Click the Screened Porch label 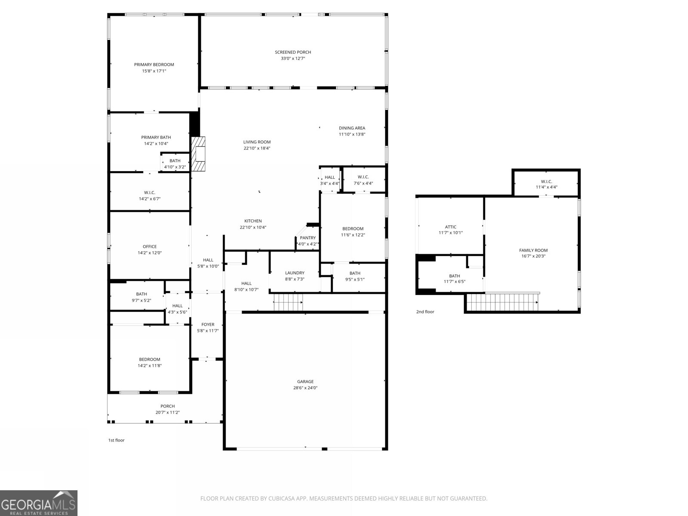(x=293, y=52)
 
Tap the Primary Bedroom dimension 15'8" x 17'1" (x=154, y=71)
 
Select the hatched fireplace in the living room (x=198, y=155)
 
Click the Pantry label (x=307, y=238)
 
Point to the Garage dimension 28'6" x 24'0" (x=305, y=388)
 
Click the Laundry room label (x=295, y=273)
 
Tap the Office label (x=150, y=247)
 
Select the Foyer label (x=208, y=325)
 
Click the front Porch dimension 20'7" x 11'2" (x=168, y=412)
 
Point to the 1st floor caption (x=116, y=440)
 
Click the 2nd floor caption (x=425, y=312)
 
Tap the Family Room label (x=533, y=250)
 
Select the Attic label (x=451, y=227)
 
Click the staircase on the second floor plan (x=502, y=302)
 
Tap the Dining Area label (x=352, y=128)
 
